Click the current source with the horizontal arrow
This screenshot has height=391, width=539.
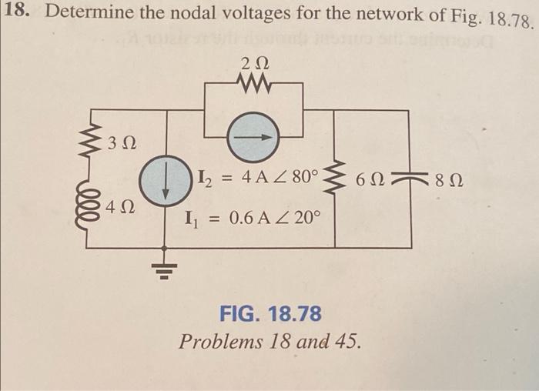(254, 136)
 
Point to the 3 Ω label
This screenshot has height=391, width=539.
(122, 143)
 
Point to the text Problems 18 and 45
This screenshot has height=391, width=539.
(269, 341)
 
